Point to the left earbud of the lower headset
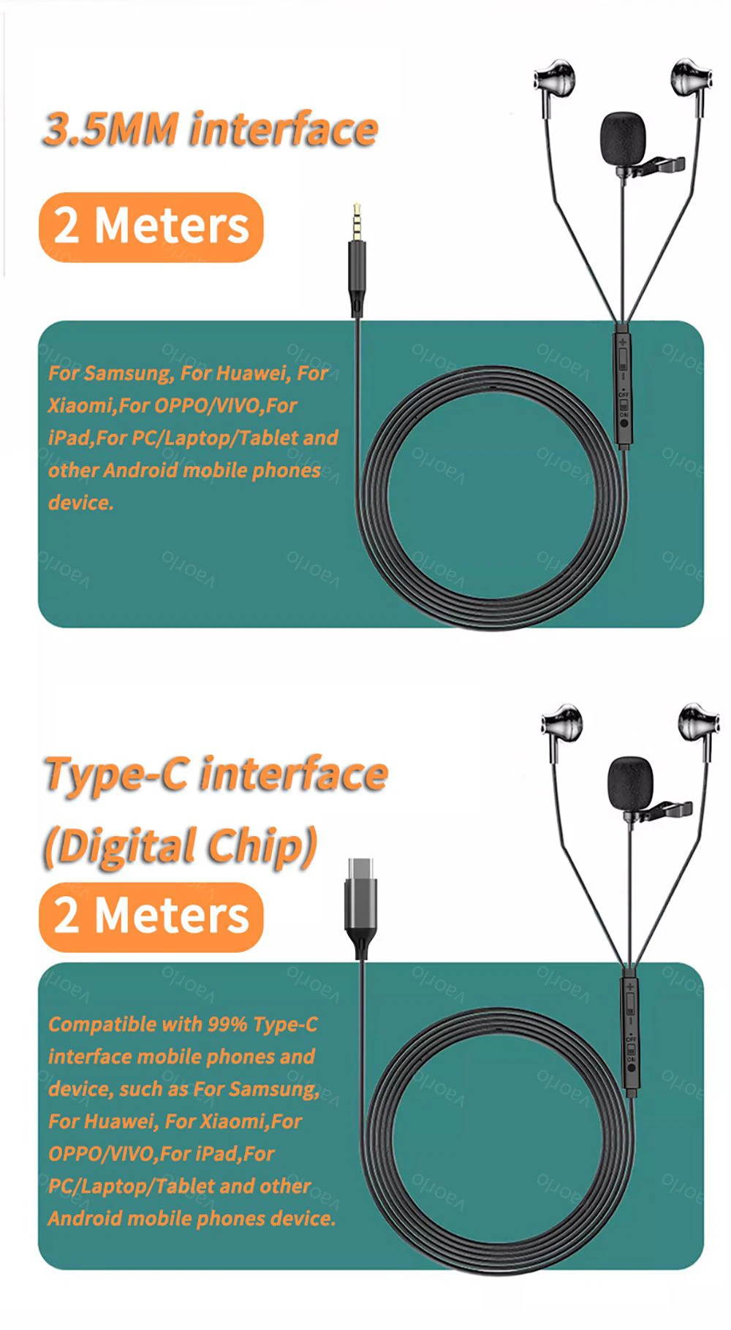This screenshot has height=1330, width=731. click(x=562, y=725)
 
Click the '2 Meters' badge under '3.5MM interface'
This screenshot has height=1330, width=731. click(x=151, y=227)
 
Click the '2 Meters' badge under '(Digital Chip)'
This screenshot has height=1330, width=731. click(x=151, y=916)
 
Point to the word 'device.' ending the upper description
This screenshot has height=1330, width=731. click(x=81, y=503)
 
